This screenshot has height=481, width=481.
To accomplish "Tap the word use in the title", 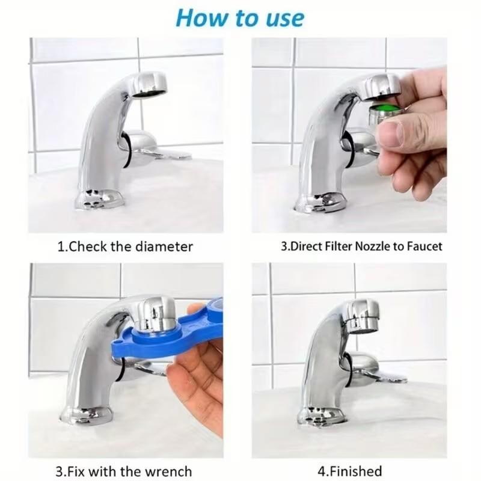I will coord(284,18).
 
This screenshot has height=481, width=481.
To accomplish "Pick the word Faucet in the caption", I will coord(423,247).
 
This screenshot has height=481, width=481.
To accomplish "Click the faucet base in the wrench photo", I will coord(87,414).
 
